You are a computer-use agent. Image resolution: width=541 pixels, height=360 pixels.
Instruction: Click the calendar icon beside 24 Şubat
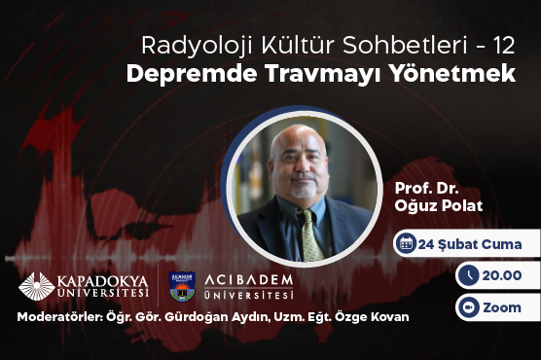[408, 244]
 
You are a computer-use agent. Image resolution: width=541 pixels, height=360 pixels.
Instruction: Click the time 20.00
[504, 276]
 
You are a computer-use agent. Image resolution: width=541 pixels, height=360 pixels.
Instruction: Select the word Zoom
[502, 307]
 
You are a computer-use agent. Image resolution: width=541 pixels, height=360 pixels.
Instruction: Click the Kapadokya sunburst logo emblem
[37, 286]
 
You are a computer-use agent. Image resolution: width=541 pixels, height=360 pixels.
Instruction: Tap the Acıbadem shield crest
[183, 285]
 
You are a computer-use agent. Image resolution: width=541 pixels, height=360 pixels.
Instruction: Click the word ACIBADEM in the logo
[246, 280]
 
